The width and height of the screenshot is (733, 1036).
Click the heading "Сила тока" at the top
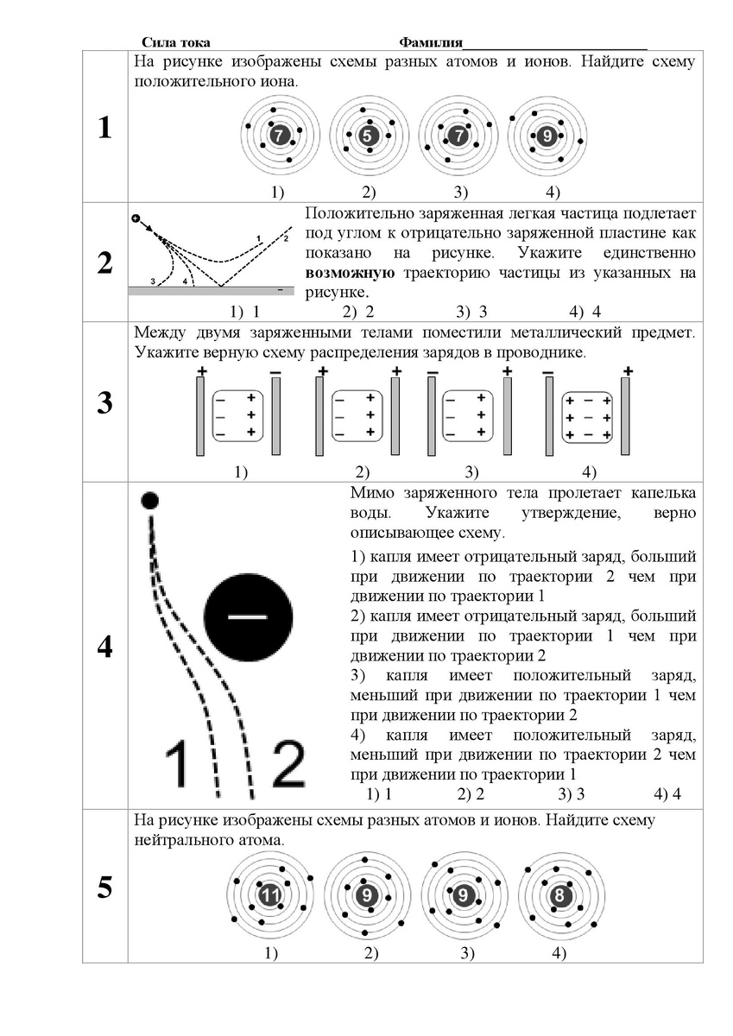tap(175, 42)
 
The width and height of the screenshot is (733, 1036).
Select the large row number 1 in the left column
tap(104, 129)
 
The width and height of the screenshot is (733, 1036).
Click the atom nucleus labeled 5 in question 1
tap(368, 136)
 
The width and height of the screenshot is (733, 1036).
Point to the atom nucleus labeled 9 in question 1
tap(547, 136)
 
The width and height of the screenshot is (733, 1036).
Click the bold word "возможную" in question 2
tap(351, 274)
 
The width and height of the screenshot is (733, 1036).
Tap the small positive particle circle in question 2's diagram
tap(136, 218)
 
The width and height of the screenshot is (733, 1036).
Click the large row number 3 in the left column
tap(104, 403)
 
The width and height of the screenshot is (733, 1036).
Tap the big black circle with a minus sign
tap(248, 616)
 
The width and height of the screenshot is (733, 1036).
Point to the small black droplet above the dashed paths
tap(150, 499)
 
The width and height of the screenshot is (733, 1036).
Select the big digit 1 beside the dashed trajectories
tap(177, 767)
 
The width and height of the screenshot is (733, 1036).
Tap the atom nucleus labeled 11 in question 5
tap(271, 897)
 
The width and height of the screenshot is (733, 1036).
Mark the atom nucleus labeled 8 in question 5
tap(560, 896)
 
